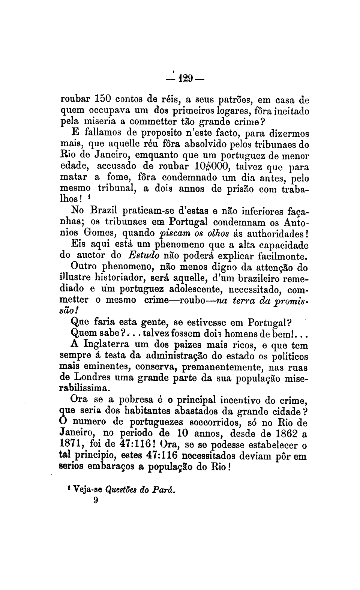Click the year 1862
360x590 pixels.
pos(285,434)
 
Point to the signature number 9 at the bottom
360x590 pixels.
pos(96,500)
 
